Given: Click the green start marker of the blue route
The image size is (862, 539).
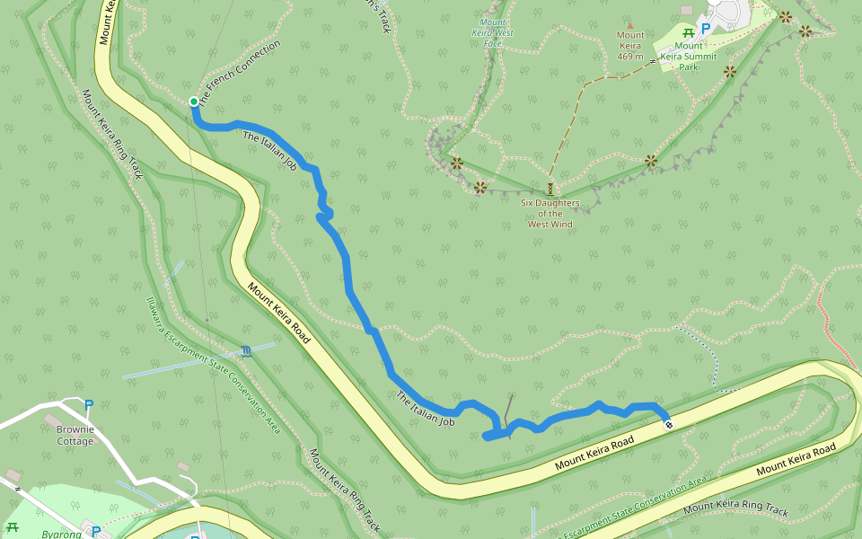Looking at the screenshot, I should [193, 102].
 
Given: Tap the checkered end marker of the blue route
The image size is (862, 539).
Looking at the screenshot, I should [668, 425].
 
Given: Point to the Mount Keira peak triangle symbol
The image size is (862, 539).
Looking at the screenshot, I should [629, 25].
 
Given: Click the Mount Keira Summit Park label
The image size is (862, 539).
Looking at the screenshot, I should [689, 56].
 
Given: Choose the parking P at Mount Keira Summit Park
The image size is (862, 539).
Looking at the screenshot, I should [705, 29].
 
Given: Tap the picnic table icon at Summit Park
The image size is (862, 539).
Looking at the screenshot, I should [689, 33].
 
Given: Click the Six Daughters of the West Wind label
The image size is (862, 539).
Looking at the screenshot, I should [550, 213].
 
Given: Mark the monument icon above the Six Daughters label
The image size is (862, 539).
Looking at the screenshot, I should [550, 189].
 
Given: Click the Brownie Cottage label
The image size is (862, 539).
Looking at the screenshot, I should [75, 435].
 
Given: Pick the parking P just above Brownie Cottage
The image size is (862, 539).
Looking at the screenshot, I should [88, 406].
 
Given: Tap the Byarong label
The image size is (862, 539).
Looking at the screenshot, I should [61, 534].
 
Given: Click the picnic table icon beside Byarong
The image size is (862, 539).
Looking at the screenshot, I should [12, 527].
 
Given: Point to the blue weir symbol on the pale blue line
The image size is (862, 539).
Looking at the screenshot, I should [246, 350].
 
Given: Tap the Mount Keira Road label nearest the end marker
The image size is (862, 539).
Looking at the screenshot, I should [594, 452].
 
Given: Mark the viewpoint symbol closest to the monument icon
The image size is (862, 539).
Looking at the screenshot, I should [480, 187].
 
